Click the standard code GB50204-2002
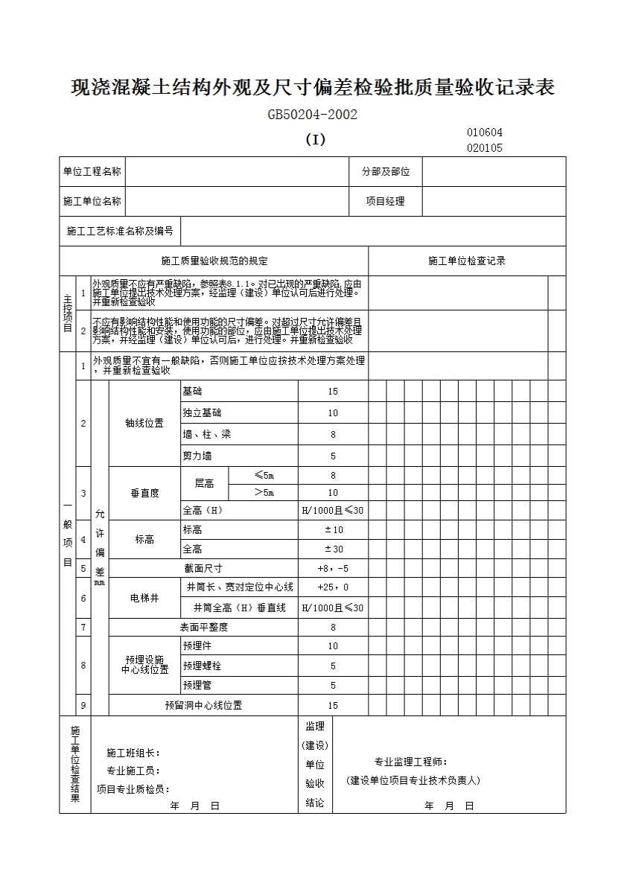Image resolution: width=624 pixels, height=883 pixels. click(x=313, y=115)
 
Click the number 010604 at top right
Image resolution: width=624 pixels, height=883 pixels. click(x=485, y=133)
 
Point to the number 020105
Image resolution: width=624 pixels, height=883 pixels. click(x=485, y=147)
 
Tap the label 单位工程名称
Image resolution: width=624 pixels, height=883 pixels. click(x=92, y=171)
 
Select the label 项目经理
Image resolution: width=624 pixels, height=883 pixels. click(x=385, y=201)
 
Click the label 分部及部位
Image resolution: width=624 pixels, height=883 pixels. click(x=386, y=171)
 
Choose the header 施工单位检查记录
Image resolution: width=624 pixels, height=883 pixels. click(x=467, y=261)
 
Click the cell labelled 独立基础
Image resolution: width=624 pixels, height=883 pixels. click(x=202, y=412)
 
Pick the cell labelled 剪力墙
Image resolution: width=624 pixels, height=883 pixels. click(x=197, y=456)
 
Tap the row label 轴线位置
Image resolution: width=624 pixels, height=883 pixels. click(x=144, y=423)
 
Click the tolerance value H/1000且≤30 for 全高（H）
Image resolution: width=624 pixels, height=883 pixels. click(x=333, y=511)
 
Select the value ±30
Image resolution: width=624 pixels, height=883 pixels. click(x=333, y=549)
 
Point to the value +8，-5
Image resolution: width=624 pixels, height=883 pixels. click(x=333, y=568)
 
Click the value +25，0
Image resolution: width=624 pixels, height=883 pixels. click(x=333, y=587)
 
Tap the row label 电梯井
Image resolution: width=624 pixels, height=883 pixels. click(x=144, y=598)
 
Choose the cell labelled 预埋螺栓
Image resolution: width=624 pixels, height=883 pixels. click(x=202, y=666)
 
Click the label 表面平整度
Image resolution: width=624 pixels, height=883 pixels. click(x=203, y=627)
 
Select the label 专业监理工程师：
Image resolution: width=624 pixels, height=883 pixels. click(x=411, y=762)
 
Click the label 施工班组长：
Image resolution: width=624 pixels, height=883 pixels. click(x=133, y=753)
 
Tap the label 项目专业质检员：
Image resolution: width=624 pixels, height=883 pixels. click(x=133, y=789)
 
